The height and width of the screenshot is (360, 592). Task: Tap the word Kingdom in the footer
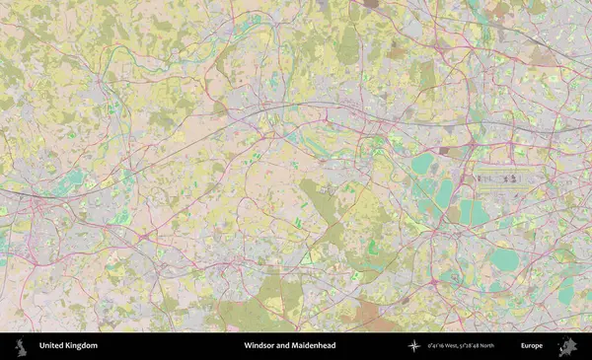[x=82, y=346]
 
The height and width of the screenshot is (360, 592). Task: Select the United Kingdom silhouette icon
[x=19, y=346]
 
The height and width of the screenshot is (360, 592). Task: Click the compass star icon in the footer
[x=414, y=346]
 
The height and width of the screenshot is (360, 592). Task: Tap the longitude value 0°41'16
[x=438, y=346]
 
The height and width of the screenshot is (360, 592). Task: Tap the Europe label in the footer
[x=532, y=346]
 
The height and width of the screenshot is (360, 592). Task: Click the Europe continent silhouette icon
[x=566, y=346]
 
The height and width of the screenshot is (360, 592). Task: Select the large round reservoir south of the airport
[x=504, y=259]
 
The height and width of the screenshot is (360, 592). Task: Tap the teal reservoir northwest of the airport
[x=423, y=163]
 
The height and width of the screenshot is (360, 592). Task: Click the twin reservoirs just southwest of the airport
[x=473, y=211]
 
